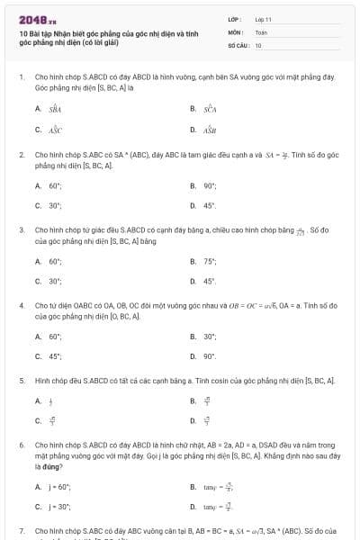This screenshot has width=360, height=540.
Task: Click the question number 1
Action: (21, 77)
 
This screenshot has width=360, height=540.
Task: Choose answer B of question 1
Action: (208, 109)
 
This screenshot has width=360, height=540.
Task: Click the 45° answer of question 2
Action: (210, 205)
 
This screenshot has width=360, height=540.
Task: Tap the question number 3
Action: (21, 230)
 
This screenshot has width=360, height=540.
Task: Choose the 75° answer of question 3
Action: (210, 261)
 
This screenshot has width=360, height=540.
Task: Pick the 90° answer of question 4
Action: (210, 356)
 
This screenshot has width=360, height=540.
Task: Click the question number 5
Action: (21, 381)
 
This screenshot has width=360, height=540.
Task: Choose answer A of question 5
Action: (49, 401)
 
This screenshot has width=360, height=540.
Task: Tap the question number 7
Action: (21, 532)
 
